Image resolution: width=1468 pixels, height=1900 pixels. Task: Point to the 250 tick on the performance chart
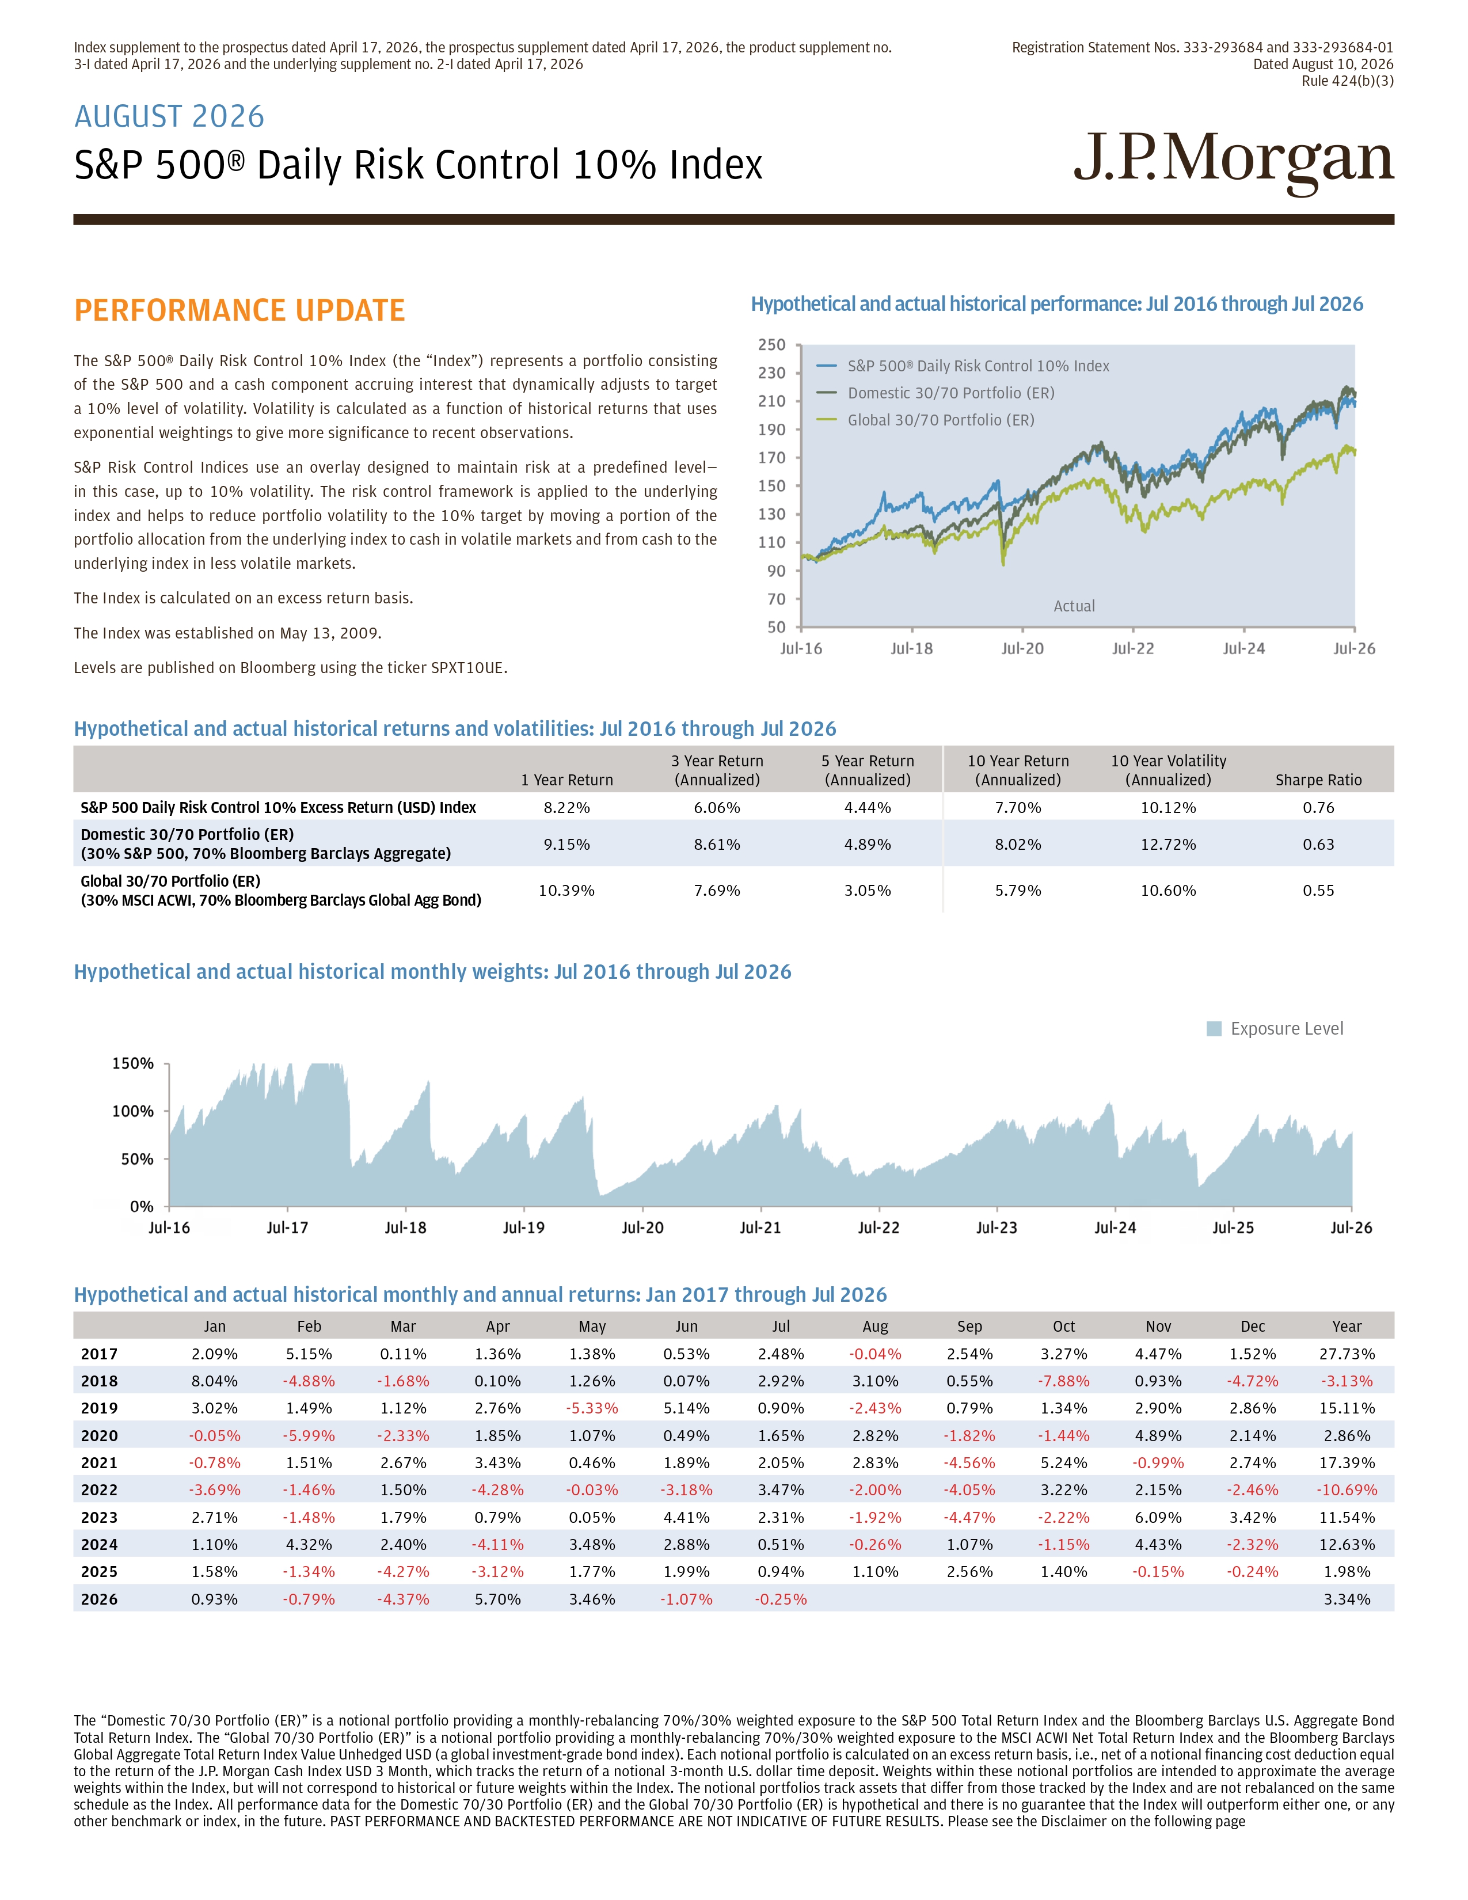(771, 344)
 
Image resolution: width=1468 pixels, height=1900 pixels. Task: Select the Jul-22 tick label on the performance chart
(1133, 648)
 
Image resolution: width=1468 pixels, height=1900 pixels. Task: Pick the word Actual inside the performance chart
(1074, 606)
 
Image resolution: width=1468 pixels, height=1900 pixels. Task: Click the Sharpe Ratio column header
(1318, 780)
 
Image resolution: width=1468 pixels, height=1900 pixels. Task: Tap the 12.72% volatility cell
(1169, 844)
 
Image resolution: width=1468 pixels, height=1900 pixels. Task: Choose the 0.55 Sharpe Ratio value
(1318, 890)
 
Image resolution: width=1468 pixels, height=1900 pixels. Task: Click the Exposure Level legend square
(1214, 1029)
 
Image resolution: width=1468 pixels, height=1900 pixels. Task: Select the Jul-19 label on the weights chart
(523, 1228)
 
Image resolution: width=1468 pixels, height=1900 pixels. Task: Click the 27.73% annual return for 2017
(1347, 1354)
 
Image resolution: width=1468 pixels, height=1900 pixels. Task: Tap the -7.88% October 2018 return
(1064, 1381)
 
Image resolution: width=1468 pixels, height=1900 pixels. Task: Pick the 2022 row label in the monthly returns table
(99, 1490)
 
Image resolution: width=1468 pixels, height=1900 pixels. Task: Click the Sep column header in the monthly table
(969, 1327)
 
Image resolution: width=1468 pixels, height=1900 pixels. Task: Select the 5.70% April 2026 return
(497, 1599)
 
